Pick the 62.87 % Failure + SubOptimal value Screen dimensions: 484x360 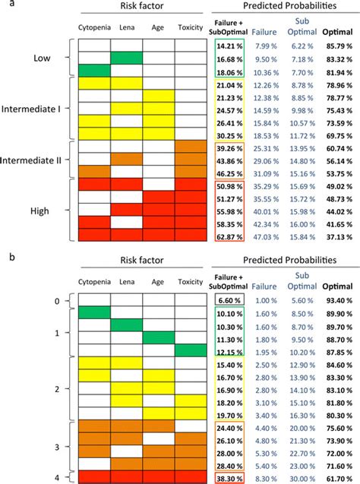tap(229, 237)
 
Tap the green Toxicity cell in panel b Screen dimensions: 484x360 tap(189, 350)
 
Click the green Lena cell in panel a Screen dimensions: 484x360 tap(126, 58)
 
